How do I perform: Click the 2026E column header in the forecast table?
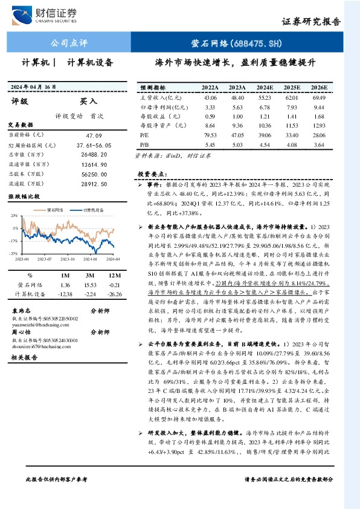coord(319,87)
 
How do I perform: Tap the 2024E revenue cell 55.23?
coord(266,97)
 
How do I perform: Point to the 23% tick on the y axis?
coord(14,215)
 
